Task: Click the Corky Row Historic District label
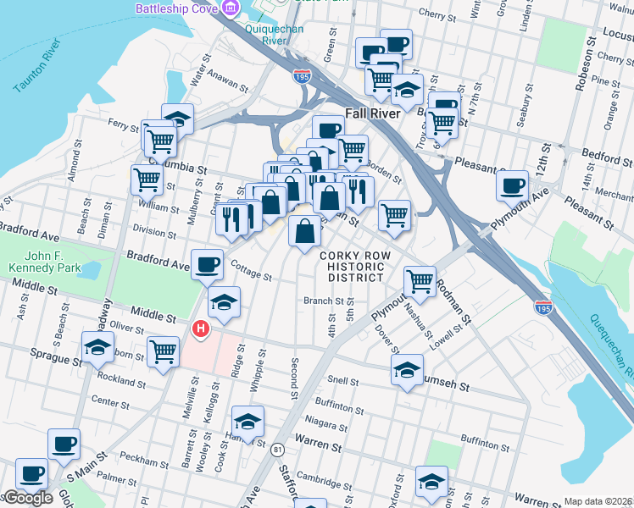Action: (351, 267)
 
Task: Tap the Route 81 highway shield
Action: (277, 450)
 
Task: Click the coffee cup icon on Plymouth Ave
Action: (513, 185)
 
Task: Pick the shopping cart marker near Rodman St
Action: (420, 281)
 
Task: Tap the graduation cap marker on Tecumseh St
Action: (407, 370)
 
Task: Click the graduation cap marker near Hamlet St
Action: (247, 422)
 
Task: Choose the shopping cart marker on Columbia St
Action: (147, 179)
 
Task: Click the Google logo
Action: (27, 499)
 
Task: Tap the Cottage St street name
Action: (251, 273)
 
